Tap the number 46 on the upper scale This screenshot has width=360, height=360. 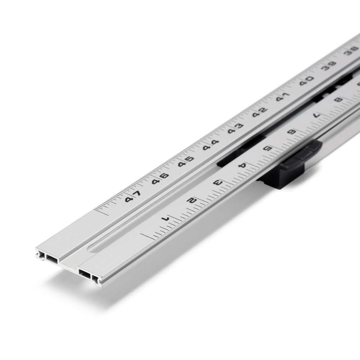pos(160,177)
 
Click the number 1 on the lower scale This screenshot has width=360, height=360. pos(166,218)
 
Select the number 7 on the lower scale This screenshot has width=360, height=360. pos(316,115)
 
